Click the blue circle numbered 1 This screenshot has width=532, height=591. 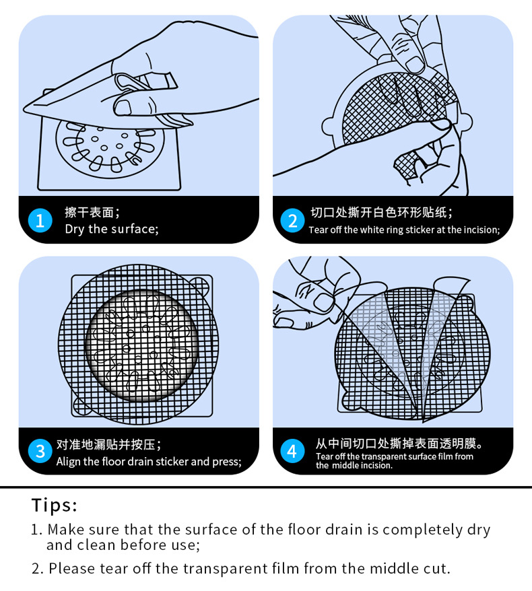pyautogui.click(x=40, y=221)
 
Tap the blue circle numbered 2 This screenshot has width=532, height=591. pyautogui.click(x=292, y=221)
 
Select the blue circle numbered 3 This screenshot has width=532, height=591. pyautogui.click(x=40, y=451)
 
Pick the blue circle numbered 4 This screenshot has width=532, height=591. pyautogui.click(x=292, y=451)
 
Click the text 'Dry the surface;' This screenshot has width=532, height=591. pyautogui.click(x=111, y=229)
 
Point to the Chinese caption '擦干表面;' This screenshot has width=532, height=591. pyautogui.click(x=92, y=213)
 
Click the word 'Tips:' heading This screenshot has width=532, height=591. pyautogui.click(x=55, y=505)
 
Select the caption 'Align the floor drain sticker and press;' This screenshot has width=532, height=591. pyautogui.click(x=148, y=462)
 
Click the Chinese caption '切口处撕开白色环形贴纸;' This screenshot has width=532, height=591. pyautogui.click(x=381, y=213)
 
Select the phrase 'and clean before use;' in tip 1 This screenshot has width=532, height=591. pyautogui.click(x=123, y=545)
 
